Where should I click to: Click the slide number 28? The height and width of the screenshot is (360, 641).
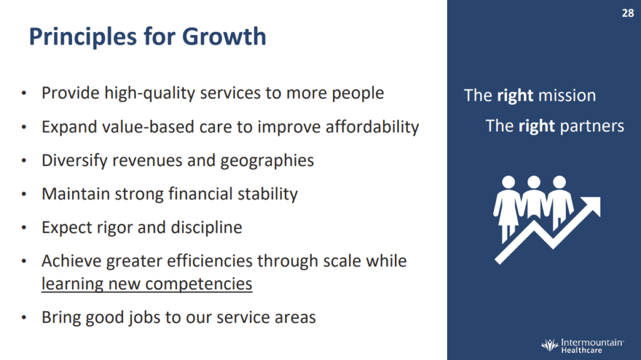click(x=627, y=13)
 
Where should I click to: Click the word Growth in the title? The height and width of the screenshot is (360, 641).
click(x=224, y=36)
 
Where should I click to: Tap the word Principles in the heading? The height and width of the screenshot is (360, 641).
click(x=83, y=37)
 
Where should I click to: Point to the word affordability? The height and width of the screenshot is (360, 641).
click(x=372, y=127)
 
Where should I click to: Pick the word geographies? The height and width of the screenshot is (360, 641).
click(x=267, y=161)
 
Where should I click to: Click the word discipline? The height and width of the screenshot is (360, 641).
click(x=207, y=227)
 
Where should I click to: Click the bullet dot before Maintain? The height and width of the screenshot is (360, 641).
click(x=24, y=194)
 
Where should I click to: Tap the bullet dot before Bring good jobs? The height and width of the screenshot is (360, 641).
click(x=24, y=317)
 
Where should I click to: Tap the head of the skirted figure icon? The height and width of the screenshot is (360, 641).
click(x=508, y=182)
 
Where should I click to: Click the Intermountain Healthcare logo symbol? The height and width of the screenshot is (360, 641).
click(x=550, y=345)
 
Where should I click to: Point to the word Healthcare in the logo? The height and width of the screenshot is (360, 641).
click(x=582, y=350)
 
